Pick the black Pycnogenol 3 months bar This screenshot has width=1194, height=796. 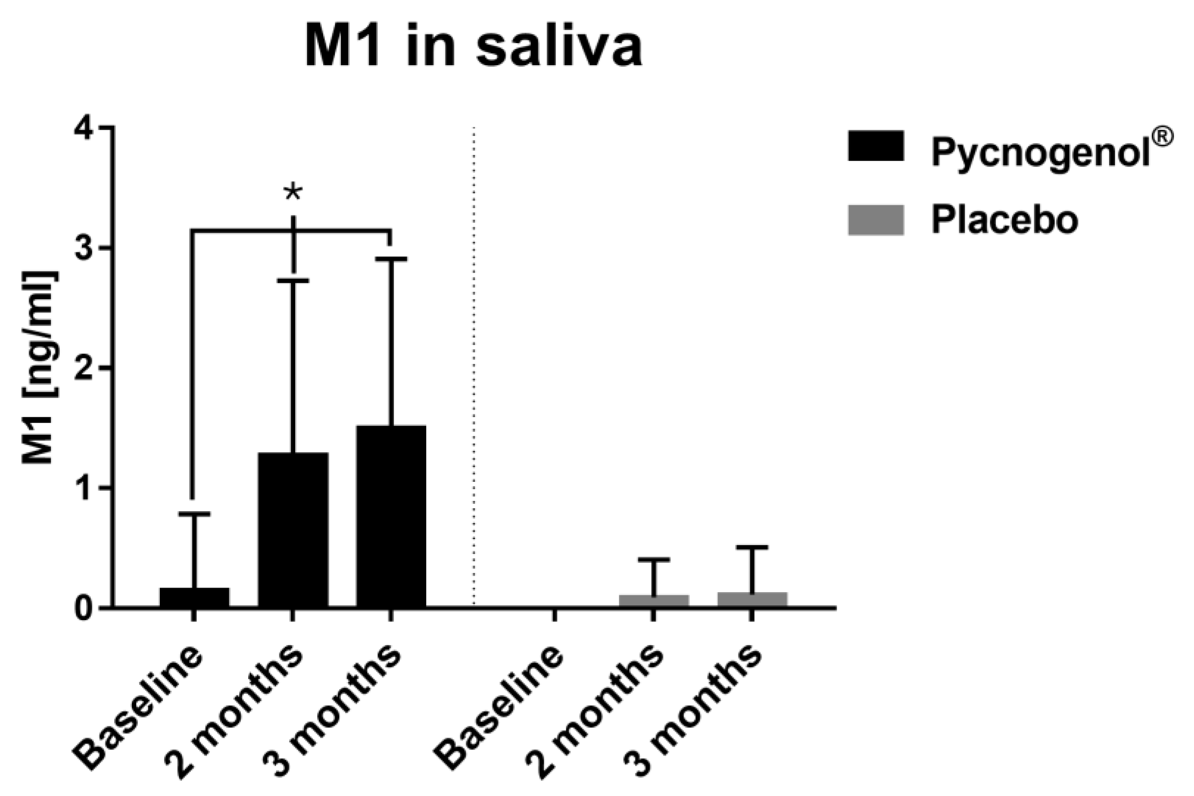pyautogui.click(x=391, y=516)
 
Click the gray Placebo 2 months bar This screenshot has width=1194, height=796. pyautogui.click(x=654, y=600)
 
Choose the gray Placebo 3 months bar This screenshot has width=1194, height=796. pyautogui.click(x=752, y=599)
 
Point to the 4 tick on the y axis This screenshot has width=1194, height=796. pyautogui.click(x=84, y=128)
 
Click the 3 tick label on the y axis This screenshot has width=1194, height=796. pyautogui.click(x=84, y=248)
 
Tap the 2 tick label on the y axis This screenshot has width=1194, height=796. pyautogui.click(x=84, y=368)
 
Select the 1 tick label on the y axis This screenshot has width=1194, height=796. pyautogui.click(x=84, y=488)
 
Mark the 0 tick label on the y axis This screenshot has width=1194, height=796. pyautogui.click(x=84, y=608)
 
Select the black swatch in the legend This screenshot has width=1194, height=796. pyautogui.click(x=876, y=146)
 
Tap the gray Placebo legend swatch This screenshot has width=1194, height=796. pyautogui.click(x=876, y=220)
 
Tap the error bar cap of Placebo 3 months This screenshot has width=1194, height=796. pyautogui.click(x=752, y=547)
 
